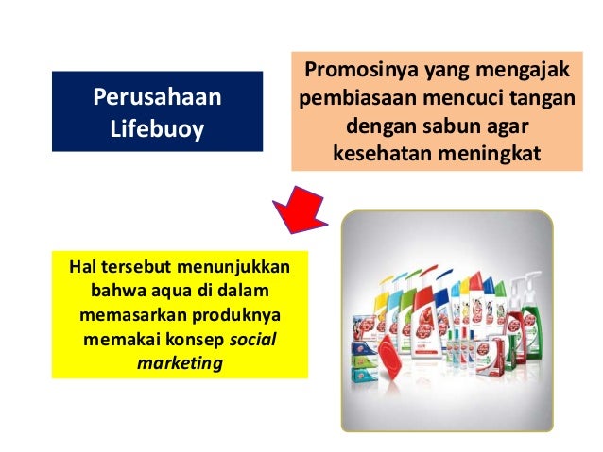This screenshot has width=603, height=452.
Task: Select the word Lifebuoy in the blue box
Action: point(156,127)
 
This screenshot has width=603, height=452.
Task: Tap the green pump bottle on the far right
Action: point(523,308)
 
